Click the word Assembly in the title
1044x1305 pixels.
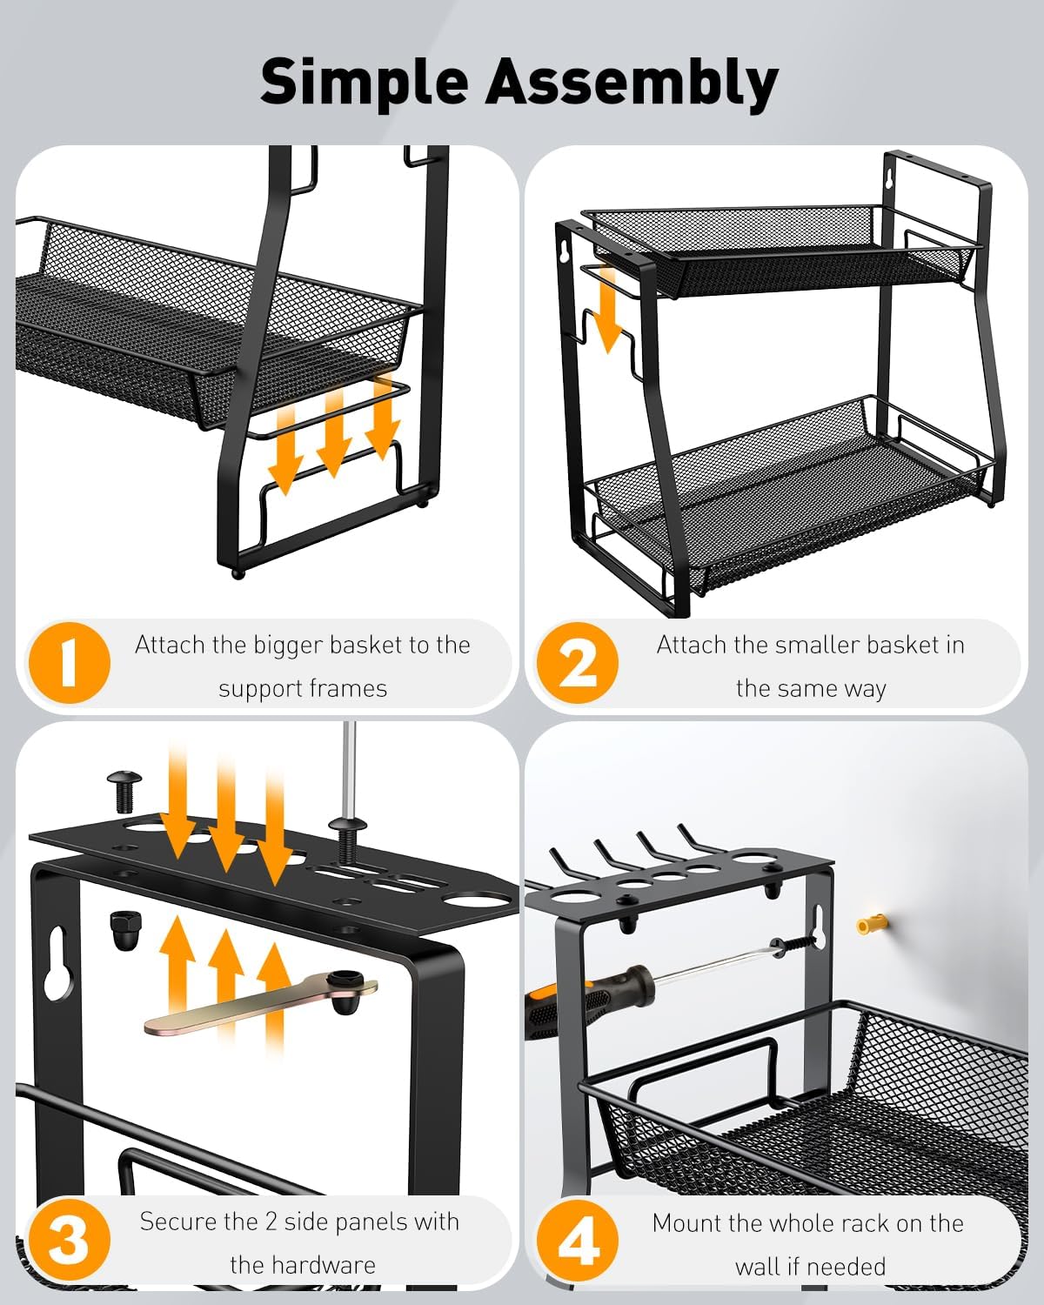[x=632, y=82]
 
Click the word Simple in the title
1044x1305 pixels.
[x=365, y=82]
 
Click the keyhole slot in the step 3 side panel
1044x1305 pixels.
[x=57, y=962]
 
